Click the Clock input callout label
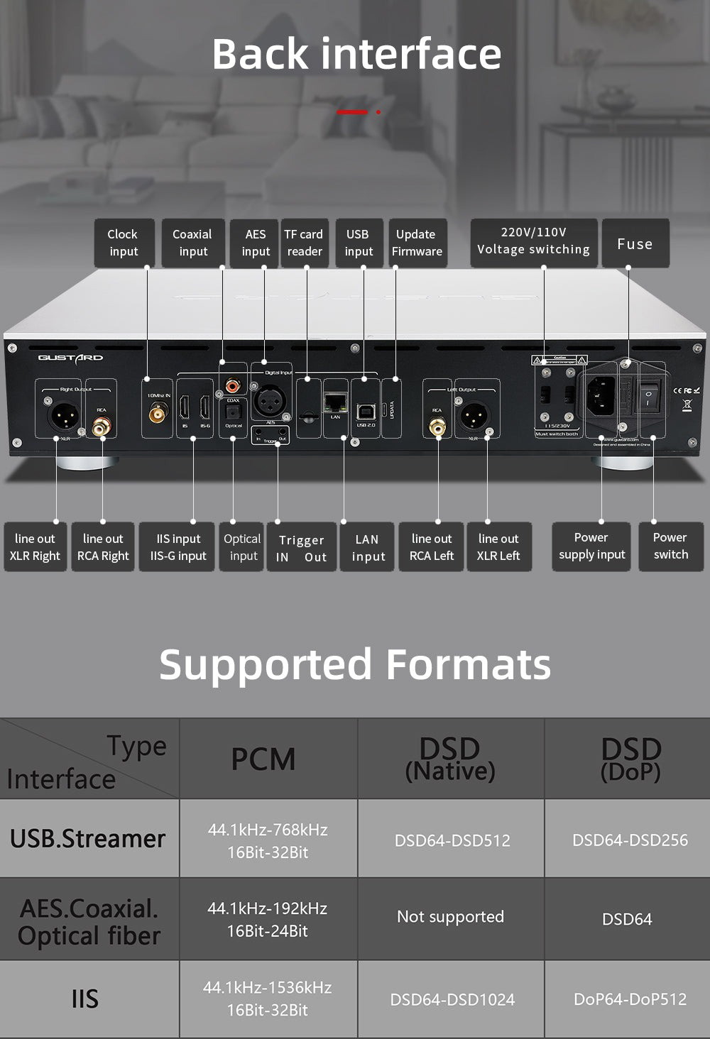point(124,243)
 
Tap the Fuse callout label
point(635,243)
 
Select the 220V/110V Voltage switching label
point(533,241)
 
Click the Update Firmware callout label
point(417,243)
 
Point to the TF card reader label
point(304,243)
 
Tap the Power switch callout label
point(670,546)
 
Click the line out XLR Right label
point(35,547)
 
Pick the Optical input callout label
point(242,547)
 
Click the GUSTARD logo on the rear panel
point(70,358)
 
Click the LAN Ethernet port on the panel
point(335,403)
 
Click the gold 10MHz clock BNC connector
point(158,412)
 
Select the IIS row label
point(85,999)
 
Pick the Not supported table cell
point(451,917)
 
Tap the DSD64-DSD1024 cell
point(452,1000)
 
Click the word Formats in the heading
point(469,665)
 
